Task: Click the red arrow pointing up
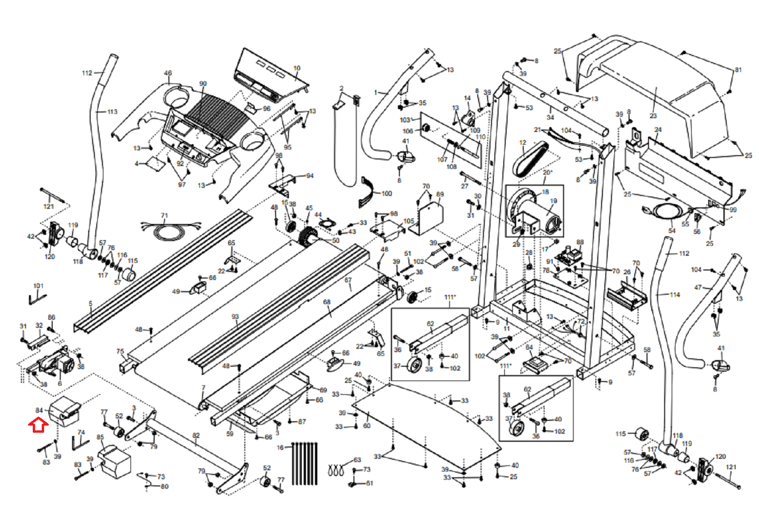38,424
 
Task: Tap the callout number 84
39,410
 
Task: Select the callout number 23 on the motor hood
653,116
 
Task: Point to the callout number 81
738,70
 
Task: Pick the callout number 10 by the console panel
297,68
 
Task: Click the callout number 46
168,73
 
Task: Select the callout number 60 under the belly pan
367,426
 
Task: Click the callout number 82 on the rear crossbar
196,435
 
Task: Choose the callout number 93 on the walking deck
235,316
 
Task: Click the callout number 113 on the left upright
112,112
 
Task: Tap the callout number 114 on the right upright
675,295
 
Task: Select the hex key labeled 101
37,299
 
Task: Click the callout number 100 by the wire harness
387,194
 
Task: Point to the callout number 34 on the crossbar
550,117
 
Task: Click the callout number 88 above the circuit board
580,242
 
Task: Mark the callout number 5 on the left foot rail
91,304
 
